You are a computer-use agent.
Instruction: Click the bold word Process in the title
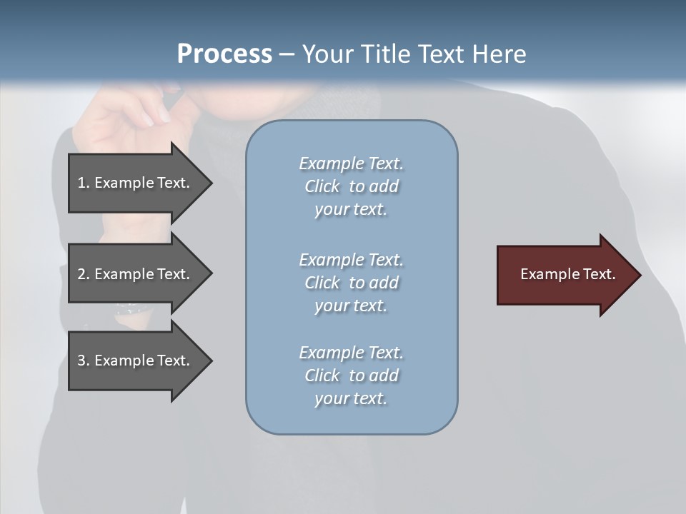coord(224,54)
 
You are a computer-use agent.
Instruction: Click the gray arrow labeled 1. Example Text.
coord(136,183)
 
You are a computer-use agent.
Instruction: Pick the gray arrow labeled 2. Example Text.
coord(136,274)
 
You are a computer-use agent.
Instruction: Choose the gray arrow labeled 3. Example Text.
coord(136,361)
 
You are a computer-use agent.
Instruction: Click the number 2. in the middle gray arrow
coord(83,274)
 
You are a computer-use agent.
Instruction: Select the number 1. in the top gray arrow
coord(83,183)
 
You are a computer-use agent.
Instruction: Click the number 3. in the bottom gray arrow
coord(83,361)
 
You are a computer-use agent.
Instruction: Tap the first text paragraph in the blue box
coord(351,186)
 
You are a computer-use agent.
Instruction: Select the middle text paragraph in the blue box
coord(351,283)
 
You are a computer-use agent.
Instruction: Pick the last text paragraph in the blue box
coord(351,376)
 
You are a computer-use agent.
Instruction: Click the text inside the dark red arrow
coord(568,274)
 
